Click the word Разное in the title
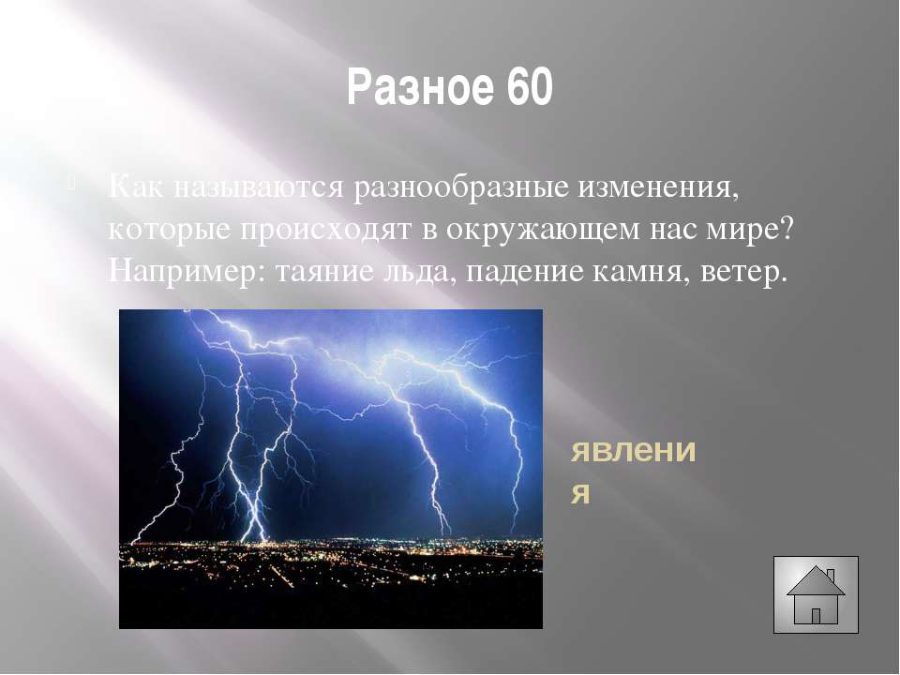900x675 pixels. click(x=422, y=86)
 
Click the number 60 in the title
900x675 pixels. click(x=530, y=86)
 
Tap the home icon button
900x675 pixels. click(x=816, y=594)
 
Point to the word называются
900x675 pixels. click(x=258, y=188)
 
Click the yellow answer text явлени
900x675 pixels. click(x=633, y=451)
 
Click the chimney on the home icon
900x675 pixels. click(x=830, y=575)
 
